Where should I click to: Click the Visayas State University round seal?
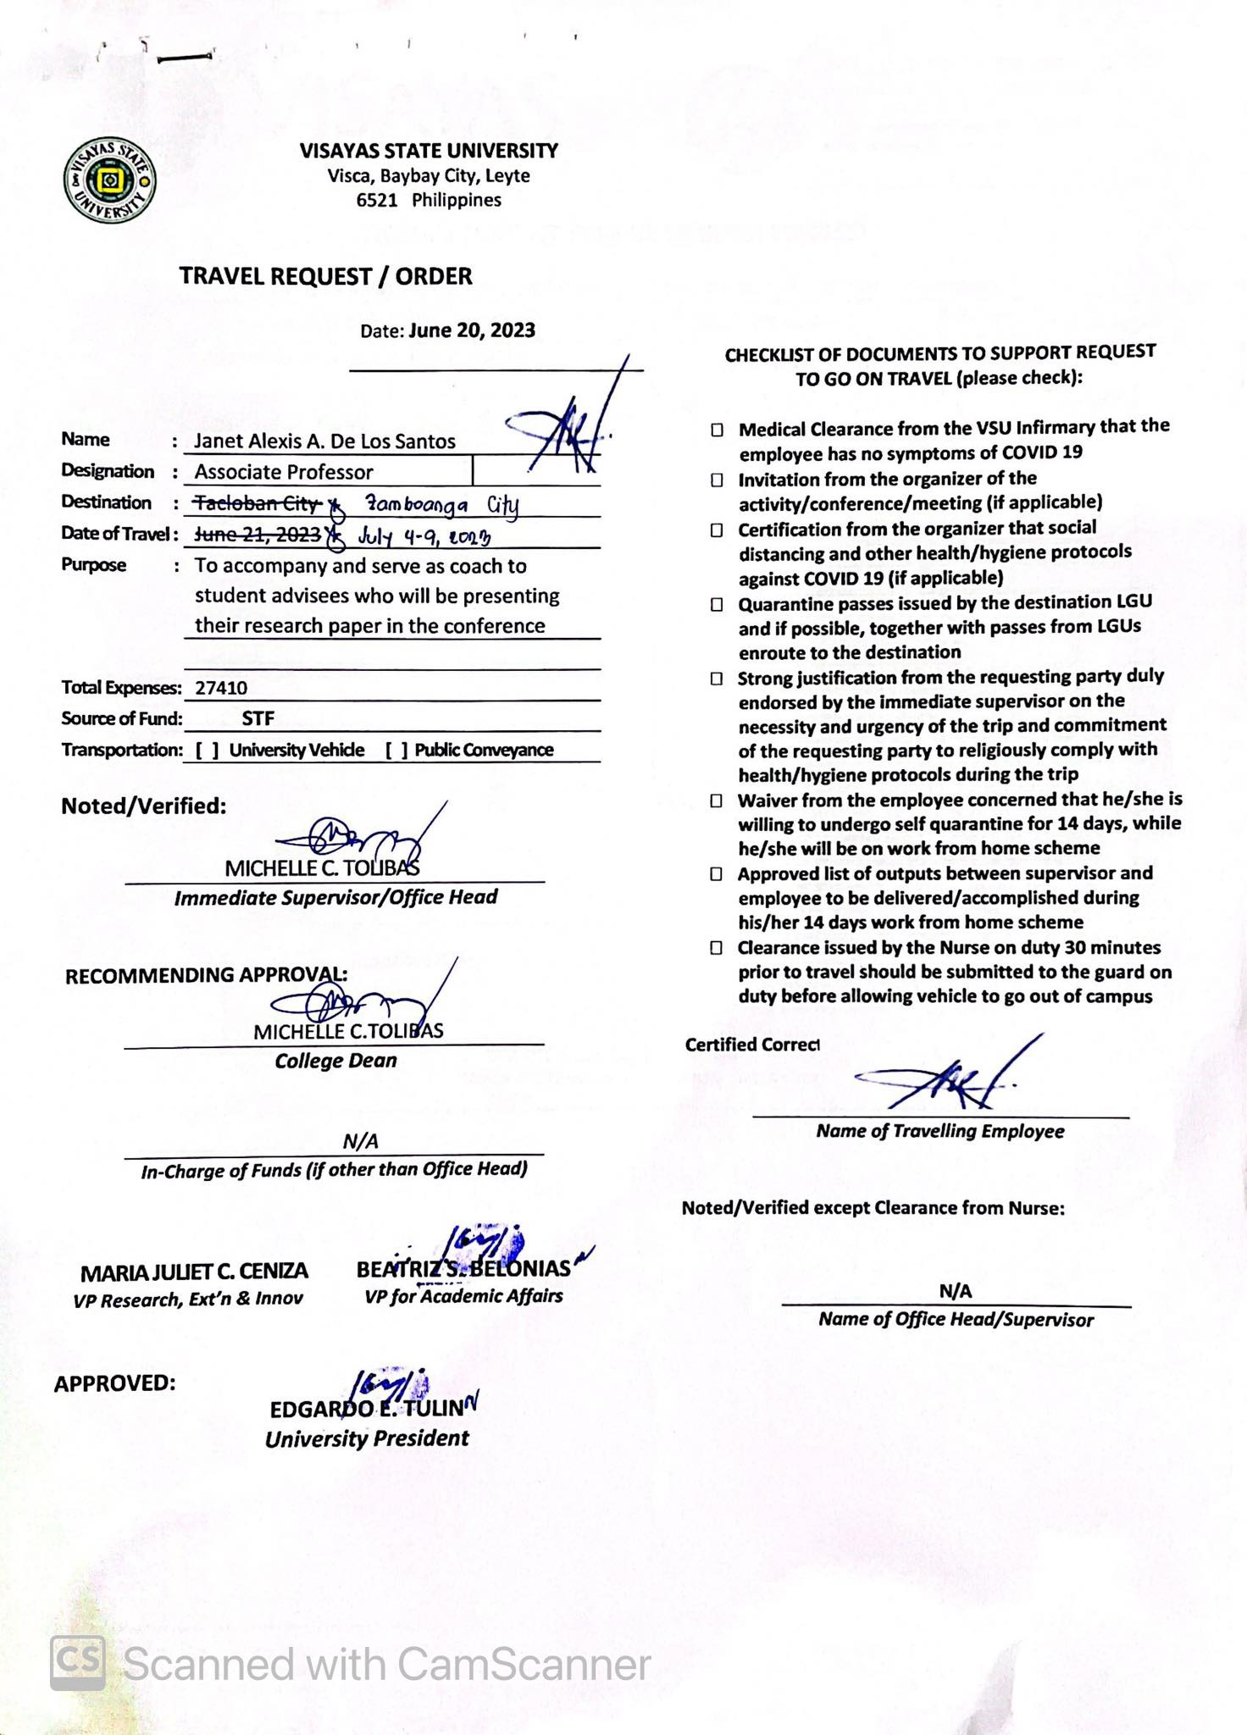tap(110, 181)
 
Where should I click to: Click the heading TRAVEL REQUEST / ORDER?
tap(325, 276)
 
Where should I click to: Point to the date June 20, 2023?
tap(471, 330)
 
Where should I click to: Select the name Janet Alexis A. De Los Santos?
tap(324, 441)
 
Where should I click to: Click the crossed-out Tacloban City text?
tap(257, 503)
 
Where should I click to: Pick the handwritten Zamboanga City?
tap(441, 506)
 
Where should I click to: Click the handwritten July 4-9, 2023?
tap(424, 537)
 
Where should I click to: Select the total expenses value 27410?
tap(221, 688)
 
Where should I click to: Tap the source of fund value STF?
tap(258, 718)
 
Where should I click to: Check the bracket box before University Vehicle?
tap(208, 751)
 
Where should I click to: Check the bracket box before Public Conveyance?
tap(396, 751)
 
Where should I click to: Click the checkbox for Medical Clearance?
tap(717, 430)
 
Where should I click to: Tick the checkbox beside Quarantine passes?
tap(717, 605)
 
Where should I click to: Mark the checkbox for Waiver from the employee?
tap(717, 801)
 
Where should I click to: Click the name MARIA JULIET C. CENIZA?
tap(194, 1272)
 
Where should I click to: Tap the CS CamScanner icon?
tap(78, 1664)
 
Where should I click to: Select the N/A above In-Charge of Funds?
tap(360, 1142)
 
